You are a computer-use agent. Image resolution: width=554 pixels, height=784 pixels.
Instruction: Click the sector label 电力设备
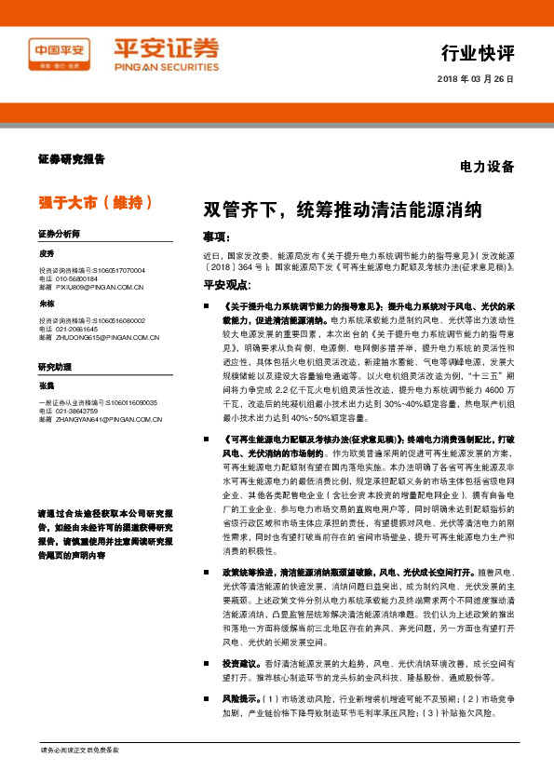point(487,168)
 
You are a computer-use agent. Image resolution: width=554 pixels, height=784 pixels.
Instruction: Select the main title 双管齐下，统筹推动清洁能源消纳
point(343,207)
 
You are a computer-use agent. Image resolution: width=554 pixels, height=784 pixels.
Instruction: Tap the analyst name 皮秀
point(47,253)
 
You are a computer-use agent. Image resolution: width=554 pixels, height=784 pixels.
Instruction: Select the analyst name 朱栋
point(47,304)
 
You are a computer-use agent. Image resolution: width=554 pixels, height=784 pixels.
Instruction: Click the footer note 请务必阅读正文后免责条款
point(79,750)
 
